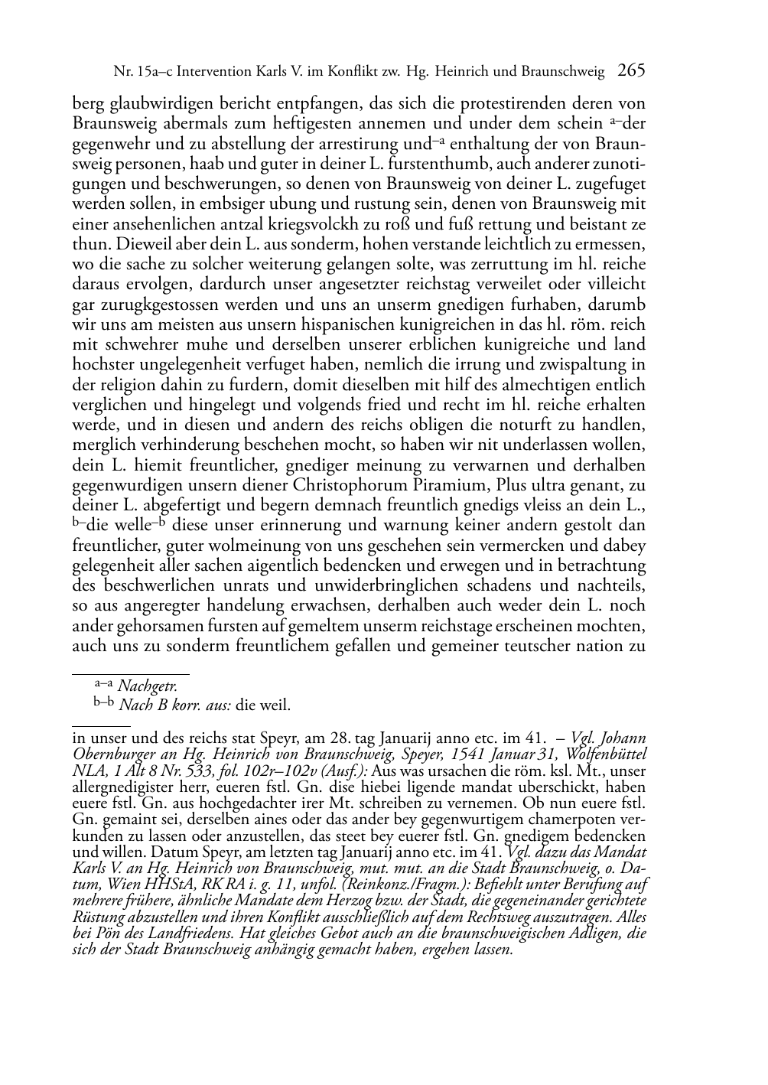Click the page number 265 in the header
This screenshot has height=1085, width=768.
pos(632,71)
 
